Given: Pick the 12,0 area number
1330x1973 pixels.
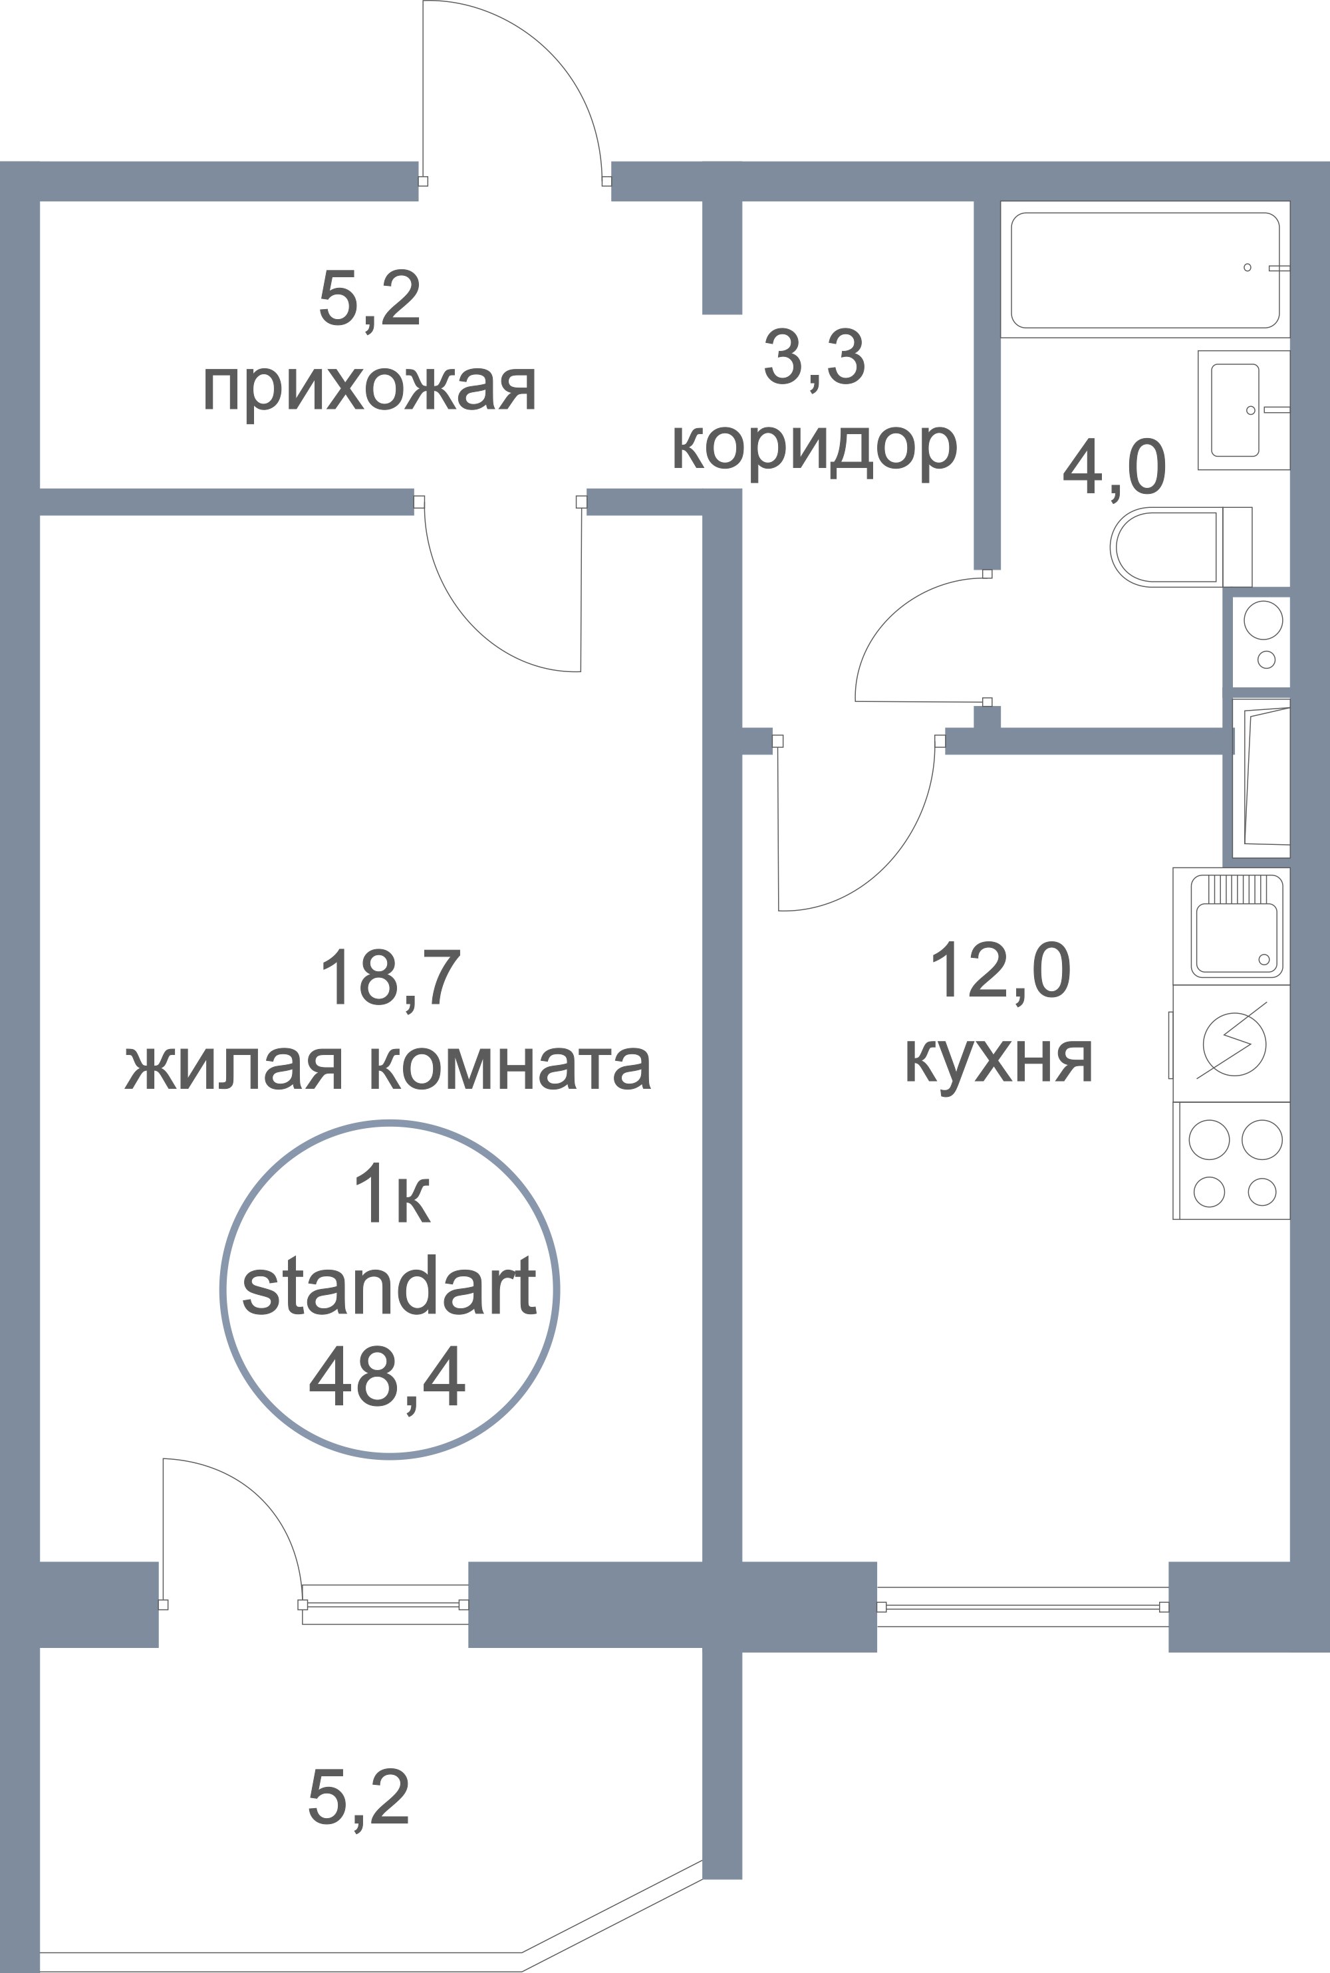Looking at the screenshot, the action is point(1001,973).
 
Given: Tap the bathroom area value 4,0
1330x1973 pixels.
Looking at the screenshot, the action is point(1115,469).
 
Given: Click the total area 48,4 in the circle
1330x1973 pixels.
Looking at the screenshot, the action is point(388,1379).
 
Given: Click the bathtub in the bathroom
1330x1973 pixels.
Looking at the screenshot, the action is point(1145,270).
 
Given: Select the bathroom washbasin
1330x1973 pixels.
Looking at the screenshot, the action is point(1244,410).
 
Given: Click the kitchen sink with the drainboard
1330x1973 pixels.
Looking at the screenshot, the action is point(1232,925).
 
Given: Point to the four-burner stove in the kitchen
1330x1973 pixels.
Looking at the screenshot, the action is point(1232,1161).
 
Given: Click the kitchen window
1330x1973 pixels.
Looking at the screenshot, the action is point(1022,1607).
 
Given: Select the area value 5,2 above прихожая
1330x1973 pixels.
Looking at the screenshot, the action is point(370,298).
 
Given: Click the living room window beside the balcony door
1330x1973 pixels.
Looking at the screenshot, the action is point(385,1605).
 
